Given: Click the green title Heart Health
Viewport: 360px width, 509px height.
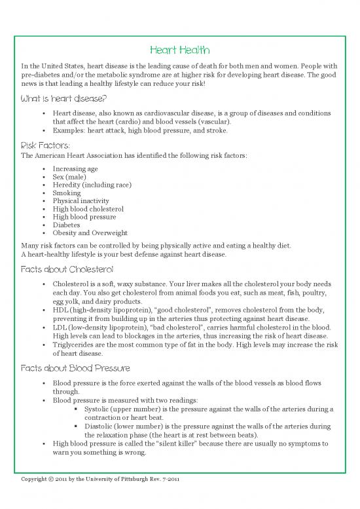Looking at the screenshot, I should [x=179, y=50].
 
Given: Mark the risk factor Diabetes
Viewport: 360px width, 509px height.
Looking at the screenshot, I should [x=66, y=225].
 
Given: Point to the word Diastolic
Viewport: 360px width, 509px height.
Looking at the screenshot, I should [x=101, y=426].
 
